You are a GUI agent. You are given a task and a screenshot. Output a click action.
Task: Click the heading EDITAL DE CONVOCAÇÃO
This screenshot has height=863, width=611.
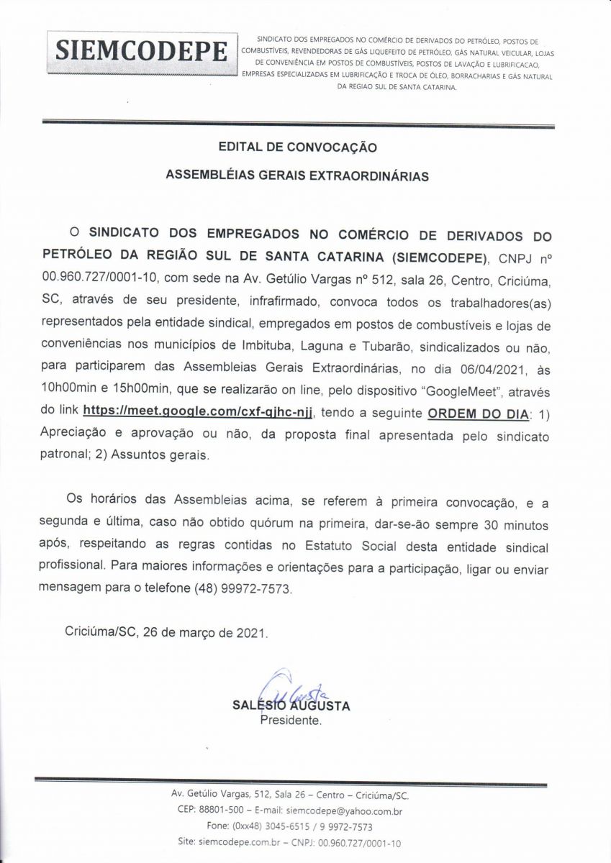pos(297,147)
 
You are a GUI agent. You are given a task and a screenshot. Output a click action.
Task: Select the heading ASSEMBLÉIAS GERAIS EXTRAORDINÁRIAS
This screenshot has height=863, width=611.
pos(297,175)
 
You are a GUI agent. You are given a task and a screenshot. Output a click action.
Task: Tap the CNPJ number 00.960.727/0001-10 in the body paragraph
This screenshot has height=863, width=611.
pos(96,278)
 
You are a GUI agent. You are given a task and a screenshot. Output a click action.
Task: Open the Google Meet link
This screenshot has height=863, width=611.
pos(199,411)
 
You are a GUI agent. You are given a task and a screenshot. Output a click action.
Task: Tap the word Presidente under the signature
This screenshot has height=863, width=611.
pos(290,719)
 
